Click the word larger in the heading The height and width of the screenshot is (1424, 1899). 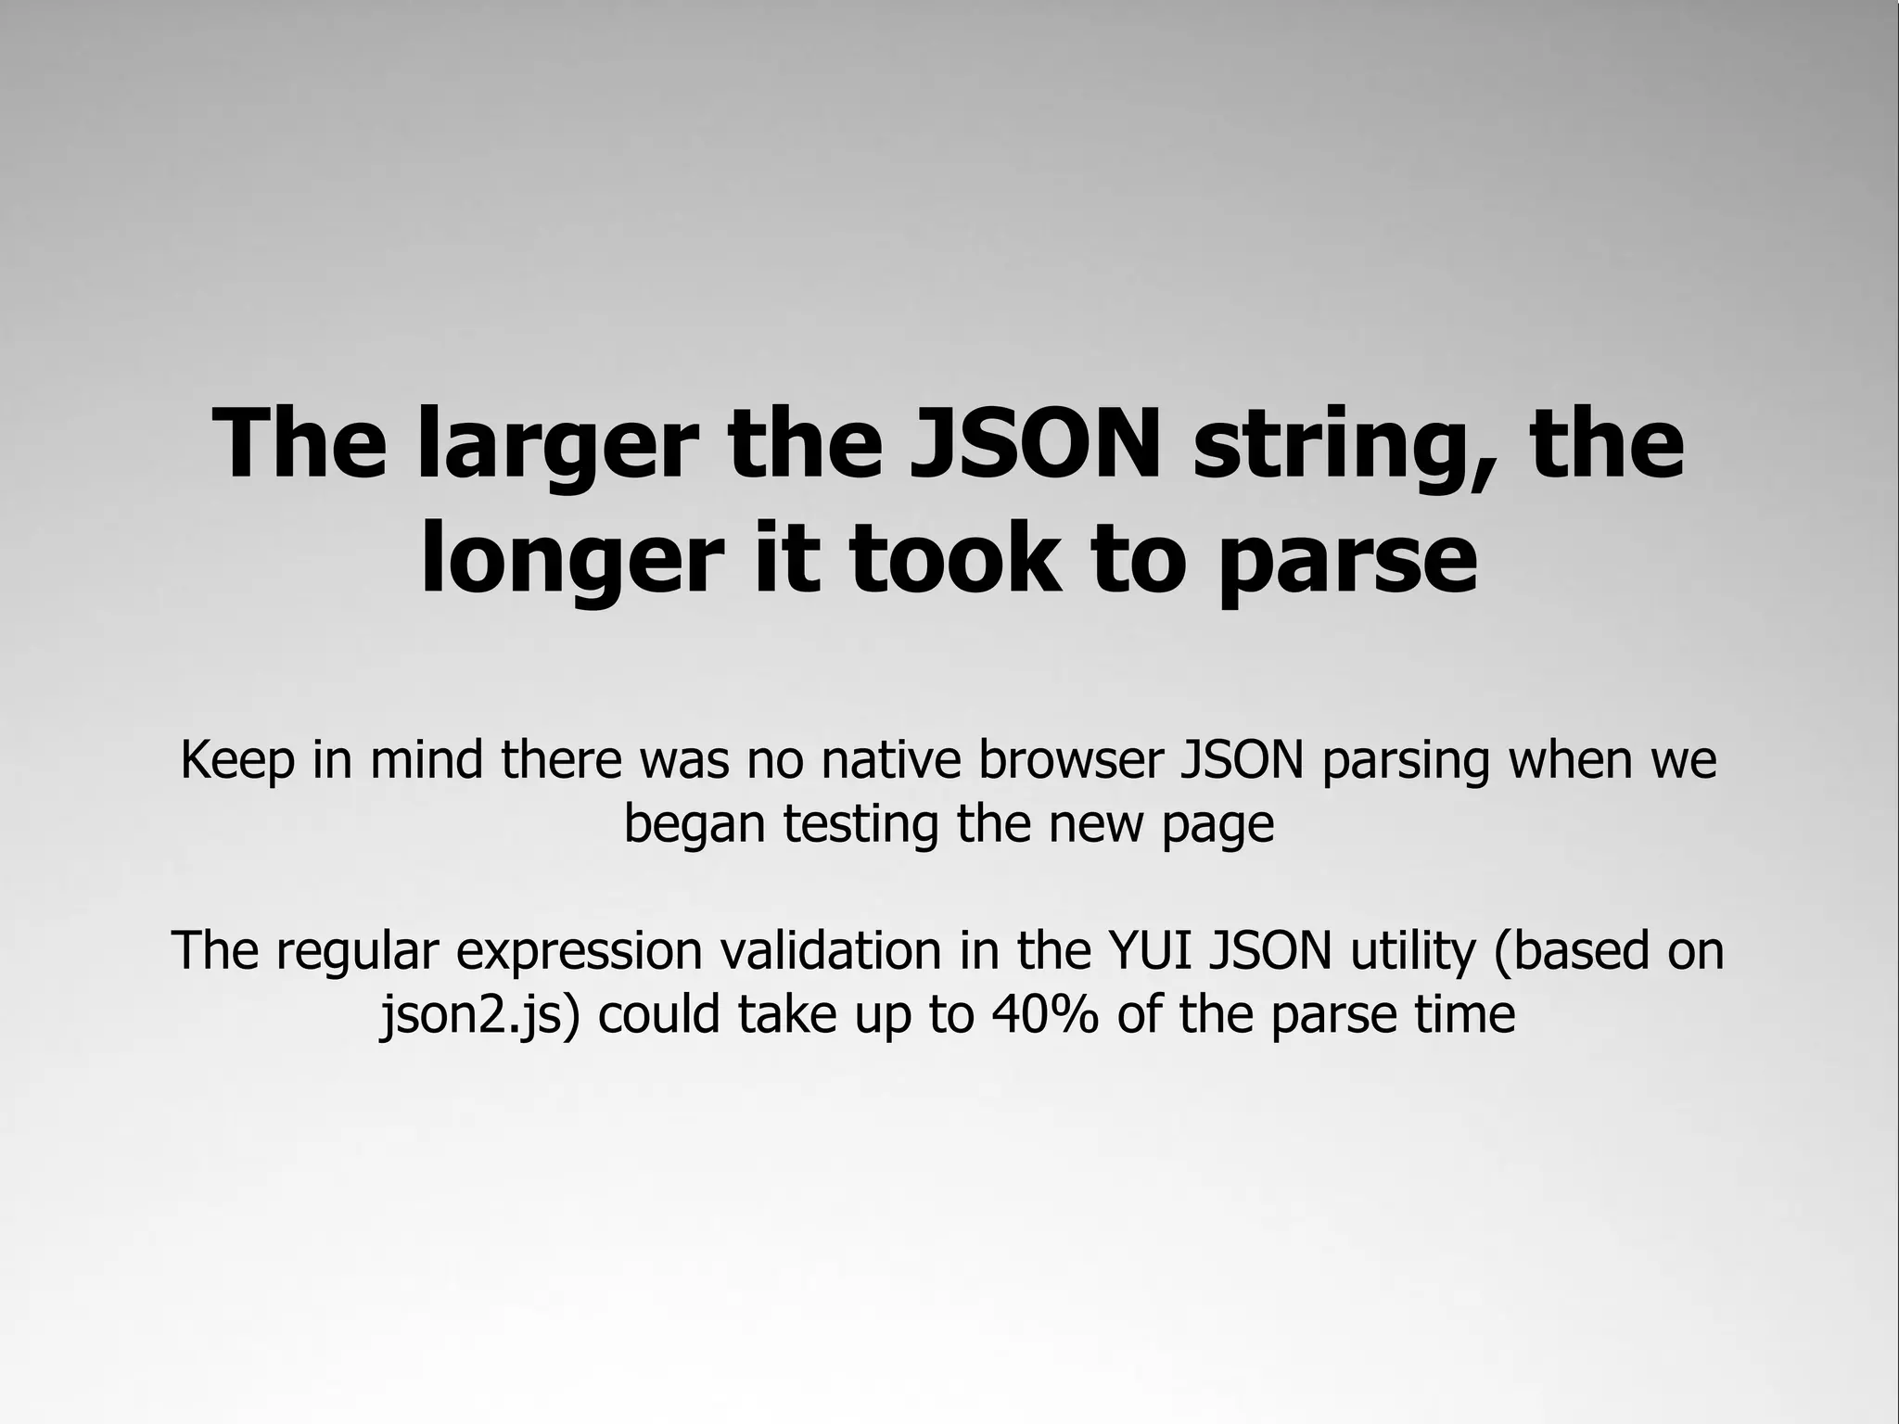click(x=555, y=447)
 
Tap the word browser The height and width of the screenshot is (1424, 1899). click(x=1069, y=760)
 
